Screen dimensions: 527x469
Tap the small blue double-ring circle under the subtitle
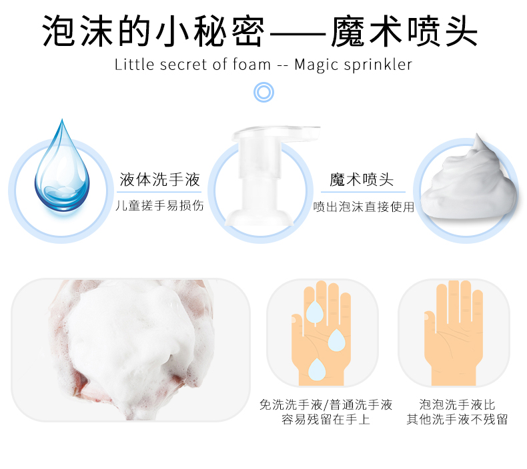[x=264, y=93]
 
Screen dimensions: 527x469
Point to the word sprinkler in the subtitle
[x=378, y=65]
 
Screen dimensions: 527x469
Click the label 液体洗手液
[x=159, y=179]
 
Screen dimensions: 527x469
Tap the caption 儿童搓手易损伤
[x=159, y=205]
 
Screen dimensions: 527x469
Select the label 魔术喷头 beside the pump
[x=362, y=180]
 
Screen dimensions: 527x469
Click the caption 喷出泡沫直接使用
[x=364, y=207]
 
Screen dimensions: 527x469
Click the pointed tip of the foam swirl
[x=477, y=135]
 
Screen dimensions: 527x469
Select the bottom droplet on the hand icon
[x=317, y=370]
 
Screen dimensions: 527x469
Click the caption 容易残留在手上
[x=326, y=419]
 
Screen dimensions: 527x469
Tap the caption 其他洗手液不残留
[x=457, y=419]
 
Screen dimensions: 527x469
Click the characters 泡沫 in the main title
[x=77, y=31]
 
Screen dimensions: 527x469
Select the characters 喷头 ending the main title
[x=444, y=31]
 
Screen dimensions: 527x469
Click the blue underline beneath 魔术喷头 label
[x=363, y=192]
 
